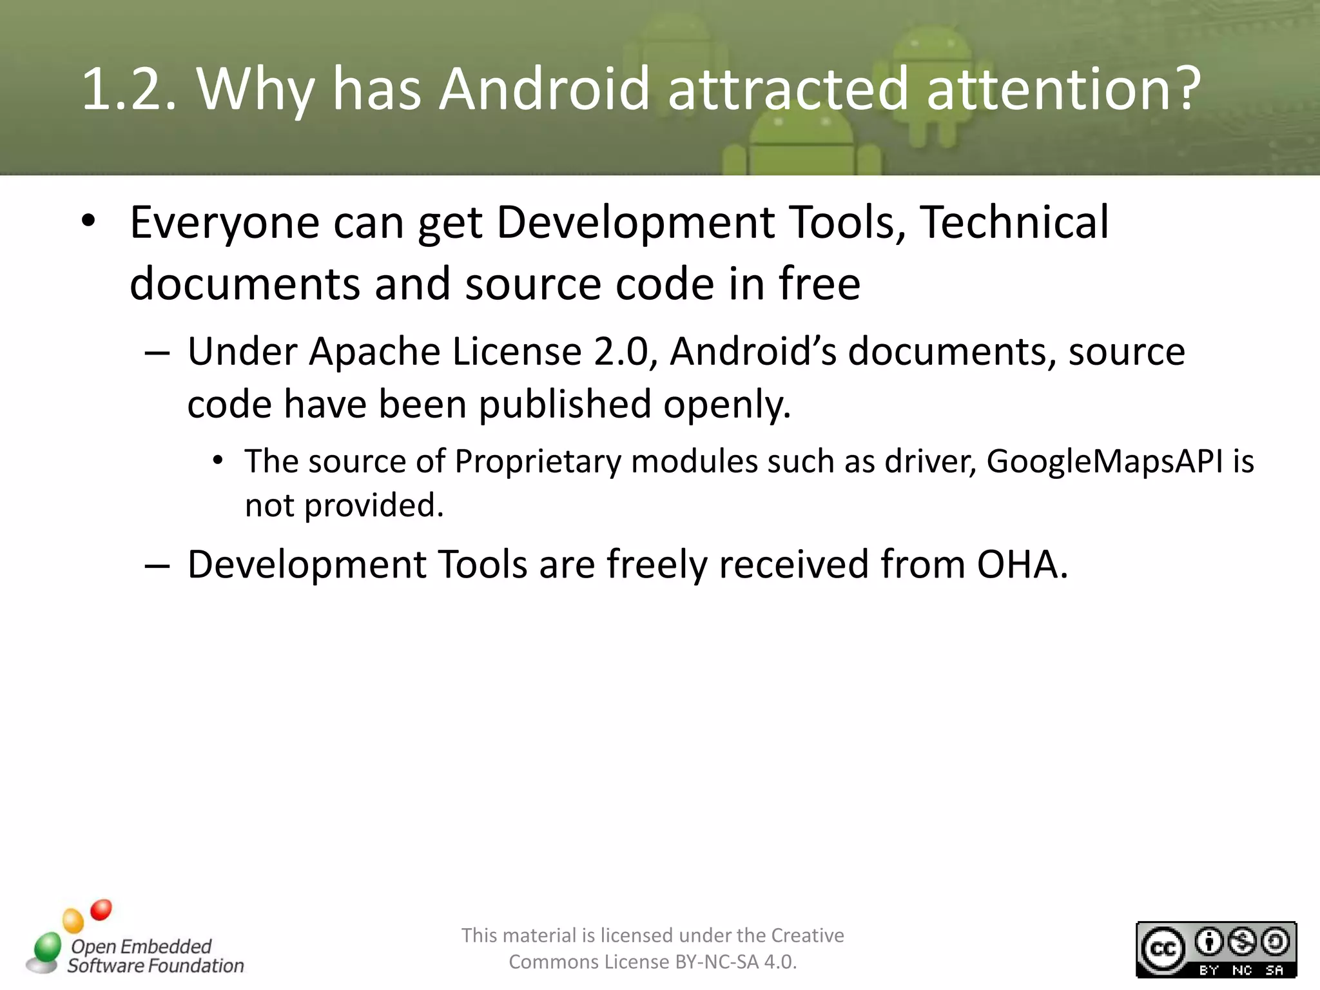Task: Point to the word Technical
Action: (x=1014, y=222)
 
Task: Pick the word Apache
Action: (x=375, y=352)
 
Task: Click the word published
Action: (x=565, y=405)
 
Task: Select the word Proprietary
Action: (x=538, y=461)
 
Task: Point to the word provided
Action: (x=373, y=505)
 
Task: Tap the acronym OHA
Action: (x=1022, y=565)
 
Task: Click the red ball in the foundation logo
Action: (x=101, y=909)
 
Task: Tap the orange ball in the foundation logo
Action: (x=73, y=920)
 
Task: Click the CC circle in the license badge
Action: (x=1163, y=949)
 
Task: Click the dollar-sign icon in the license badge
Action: (x=1242, y=942)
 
